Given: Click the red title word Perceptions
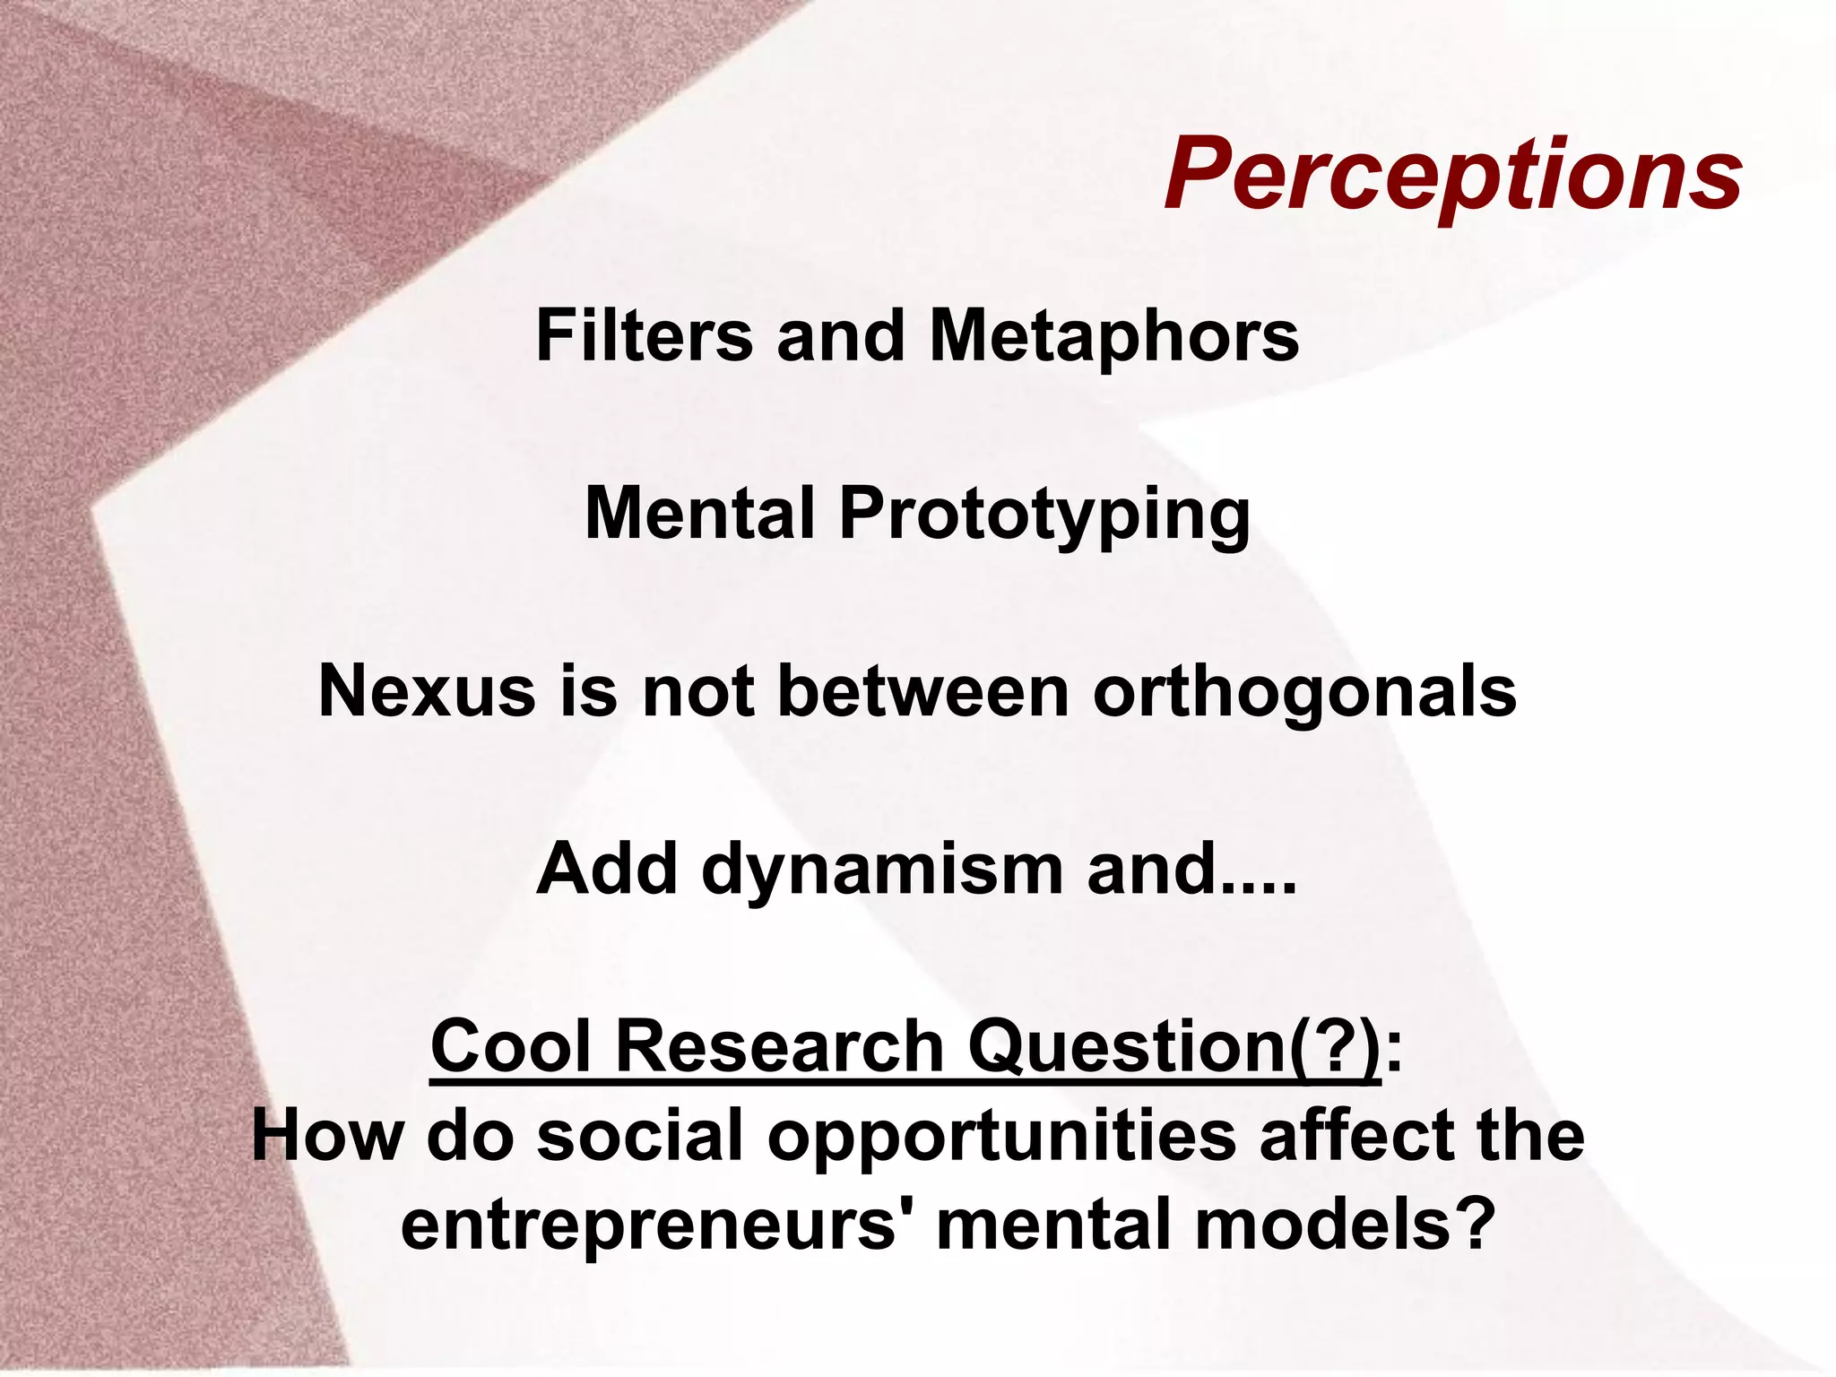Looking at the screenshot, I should [1452, 175].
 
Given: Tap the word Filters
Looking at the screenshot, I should [644, 336].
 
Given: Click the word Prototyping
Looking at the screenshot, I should [1044, 515].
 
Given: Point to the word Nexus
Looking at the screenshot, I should [427, 692].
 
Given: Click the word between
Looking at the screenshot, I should [923, 692].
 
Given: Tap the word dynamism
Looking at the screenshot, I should [882, 870].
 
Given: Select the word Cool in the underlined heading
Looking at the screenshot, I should [511, 1046].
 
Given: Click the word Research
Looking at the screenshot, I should [779, 1046].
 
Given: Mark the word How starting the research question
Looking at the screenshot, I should [327, 1135].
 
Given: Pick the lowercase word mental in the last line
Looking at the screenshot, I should [1054, 1225].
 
